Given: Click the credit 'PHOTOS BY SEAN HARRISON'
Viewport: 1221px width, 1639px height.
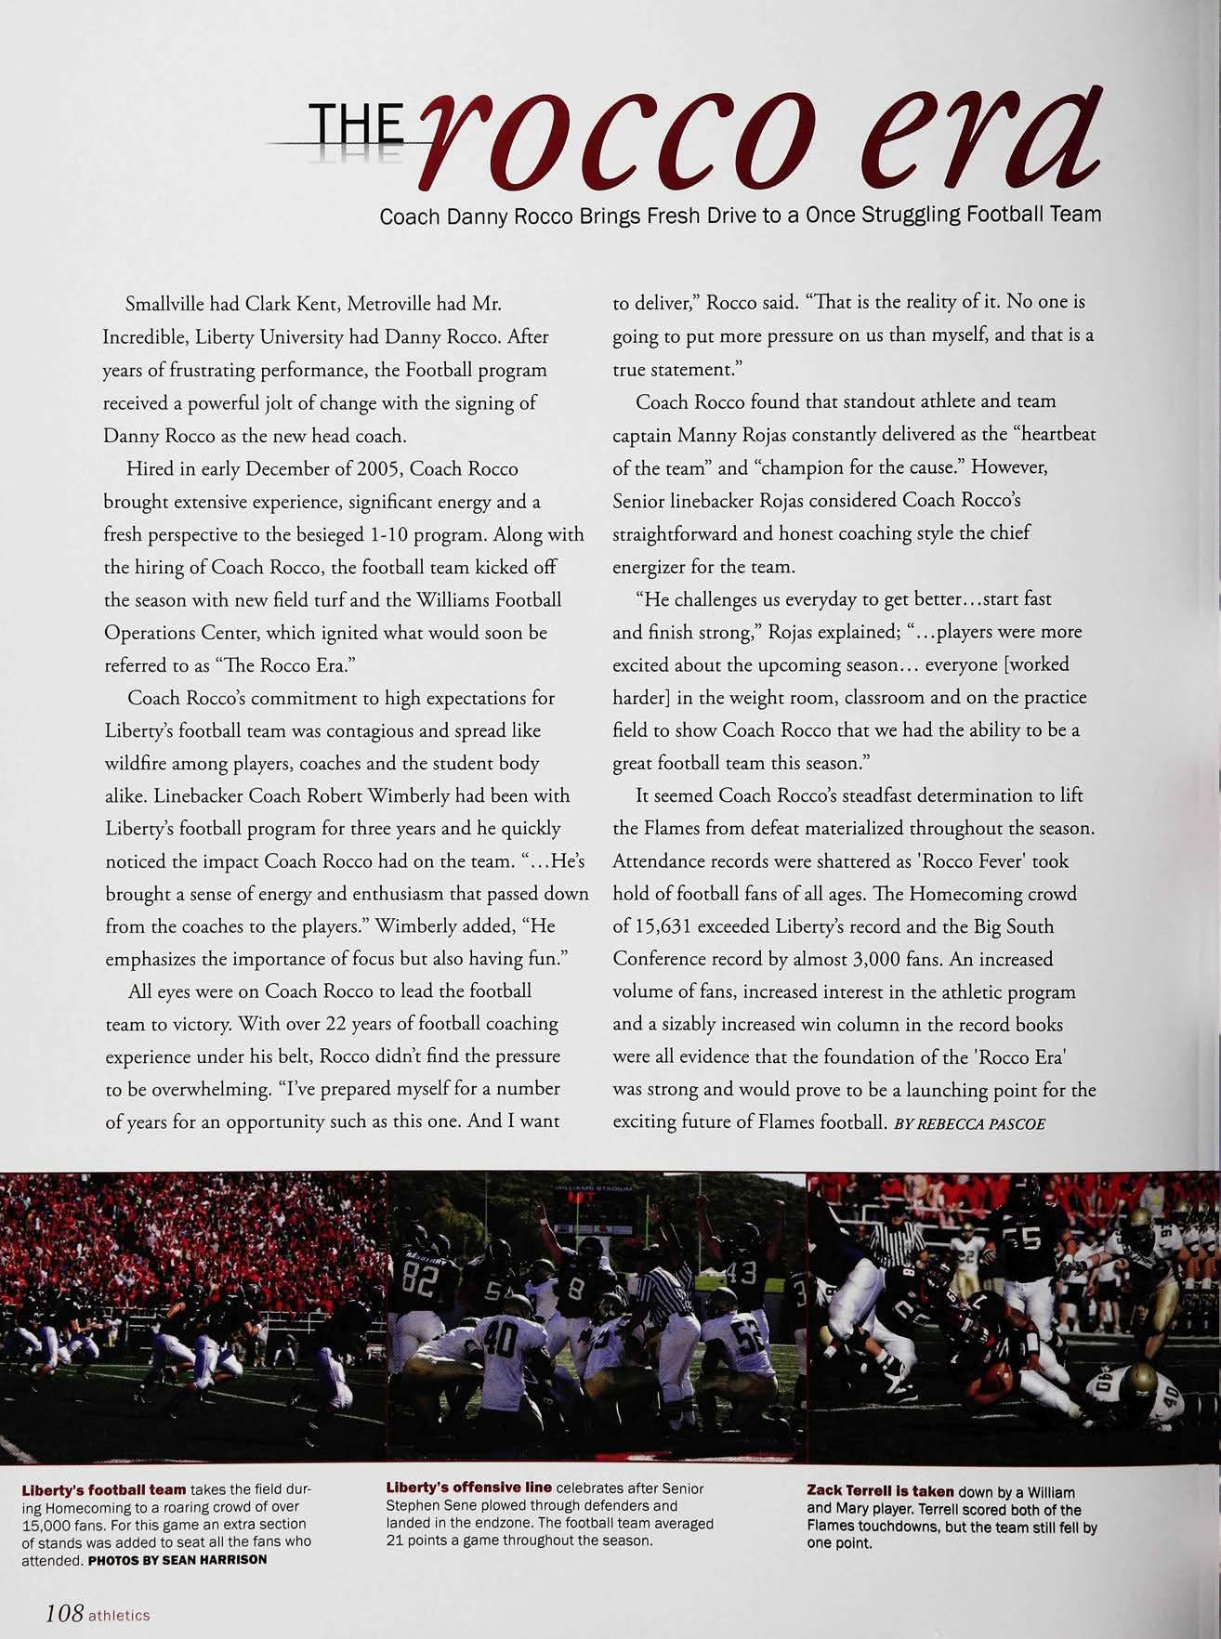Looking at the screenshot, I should (x=177, y=1559).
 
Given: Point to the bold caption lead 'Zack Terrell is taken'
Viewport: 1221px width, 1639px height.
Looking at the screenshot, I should (x=880, y=1491).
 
